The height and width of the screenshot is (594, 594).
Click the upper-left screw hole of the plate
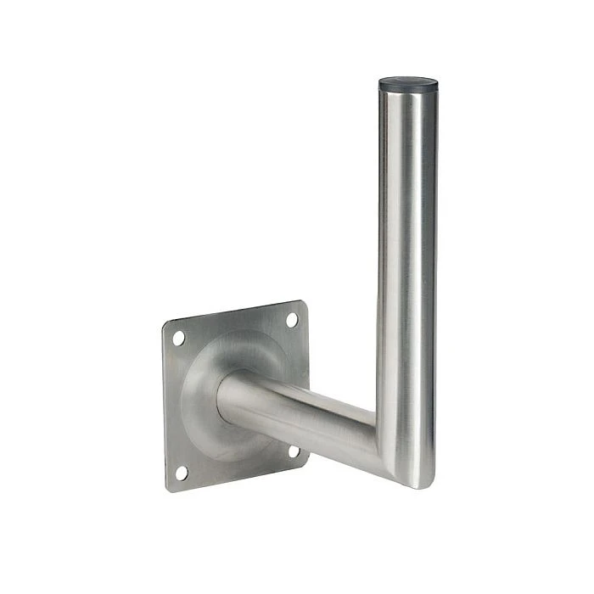[x=179, y=338]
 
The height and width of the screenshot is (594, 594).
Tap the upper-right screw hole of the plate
[x=292, y=320]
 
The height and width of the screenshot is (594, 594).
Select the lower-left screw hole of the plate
[x=181, y=473]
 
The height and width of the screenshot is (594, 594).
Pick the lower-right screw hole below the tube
[x=294, y=451]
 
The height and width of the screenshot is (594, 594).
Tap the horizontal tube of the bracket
[x=297, y=412]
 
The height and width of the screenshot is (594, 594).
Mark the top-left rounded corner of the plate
[x=167, y=325]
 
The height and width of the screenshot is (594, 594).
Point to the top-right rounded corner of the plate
[x=302, y=304]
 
